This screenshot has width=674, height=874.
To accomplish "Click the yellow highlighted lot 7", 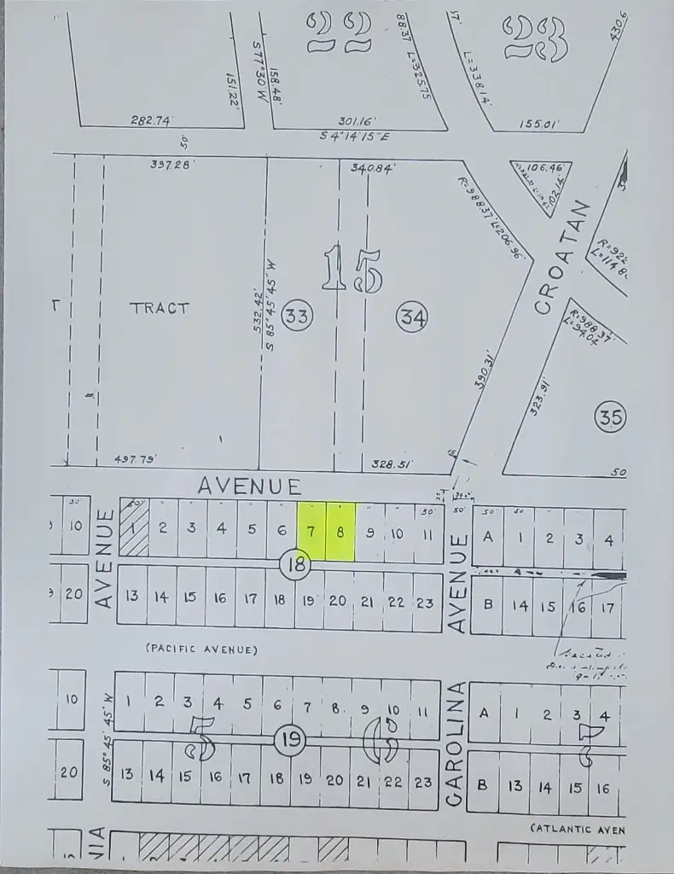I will (311, 531).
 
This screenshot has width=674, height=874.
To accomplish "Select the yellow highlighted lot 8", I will (340, 531).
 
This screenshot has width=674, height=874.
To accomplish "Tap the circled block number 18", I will (295, 564).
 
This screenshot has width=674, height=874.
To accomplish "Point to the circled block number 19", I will (291, 738).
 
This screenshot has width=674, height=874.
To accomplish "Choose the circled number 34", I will (412, 318).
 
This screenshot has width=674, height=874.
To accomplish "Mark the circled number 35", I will (611, 417).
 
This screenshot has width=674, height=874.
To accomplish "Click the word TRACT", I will (160, 308).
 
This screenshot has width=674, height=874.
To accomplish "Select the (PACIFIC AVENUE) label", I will (201, 650).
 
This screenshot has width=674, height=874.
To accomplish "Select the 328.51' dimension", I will (392, 465).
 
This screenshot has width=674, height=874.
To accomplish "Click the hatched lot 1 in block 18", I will (133, 527).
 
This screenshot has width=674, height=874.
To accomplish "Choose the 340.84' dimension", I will (372, 168).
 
